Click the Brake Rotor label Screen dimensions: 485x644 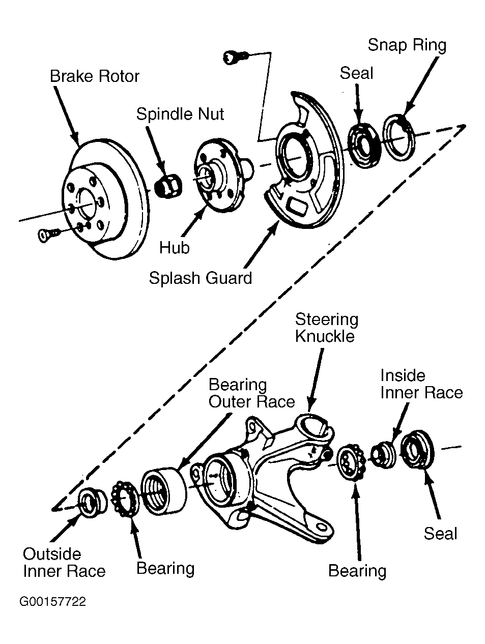(95, 76)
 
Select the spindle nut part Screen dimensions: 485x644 (168, 186)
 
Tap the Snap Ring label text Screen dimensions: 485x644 (407, 45)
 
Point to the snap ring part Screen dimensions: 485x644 (398, 138)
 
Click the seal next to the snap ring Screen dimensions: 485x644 (364, 145)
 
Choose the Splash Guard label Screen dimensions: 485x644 (201, 278)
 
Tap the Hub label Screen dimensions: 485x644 (174, 248)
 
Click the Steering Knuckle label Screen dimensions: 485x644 (326, 328)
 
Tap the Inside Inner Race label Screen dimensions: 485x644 (421, 384)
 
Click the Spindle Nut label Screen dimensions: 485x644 (180, 114)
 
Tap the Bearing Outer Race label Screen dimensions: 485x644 (251, 393)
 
